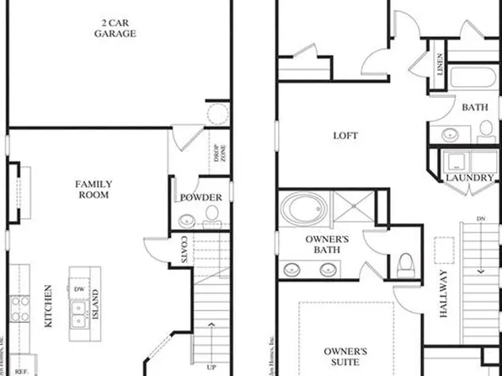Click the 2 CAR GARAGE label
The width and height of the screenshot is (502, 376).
coord(115,27)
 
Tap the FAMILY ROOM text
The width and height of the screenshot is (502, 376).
coord(93,191)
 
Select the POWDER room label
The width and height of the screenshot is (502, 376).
coord(201,198)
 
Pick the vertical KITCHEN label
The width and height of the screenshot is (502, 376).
coord(48,312)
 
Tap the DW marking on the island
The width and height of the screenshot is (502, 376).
coord(78,288)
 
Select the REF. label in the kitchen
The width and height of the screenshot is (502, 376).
coord(22,370)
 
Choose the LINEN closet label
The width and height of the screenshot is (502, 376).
coord(441,64)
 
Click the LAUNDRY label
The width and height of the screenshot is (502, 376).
coord(470,178)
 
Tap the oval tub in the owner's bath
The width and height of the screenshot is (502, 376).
coord(301,207)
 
